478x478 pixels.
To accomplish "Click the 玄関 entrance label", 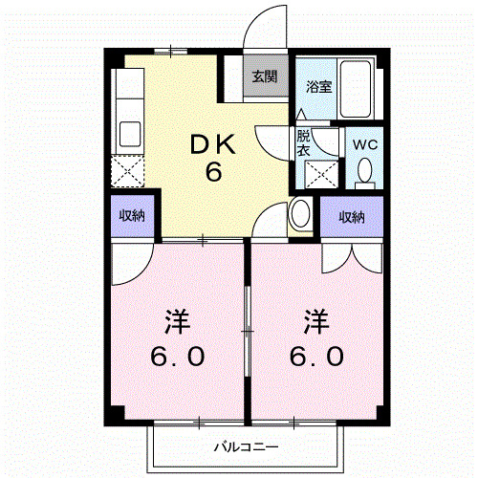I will (x=265, y=76).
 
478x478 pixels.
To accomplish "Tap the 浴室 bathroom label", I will (x=317, y=87).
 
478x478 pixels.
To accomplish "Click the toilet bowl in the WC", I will (x=364, y=171).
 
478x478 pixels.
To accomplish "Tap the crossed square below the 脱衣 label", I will (x=318, y=175).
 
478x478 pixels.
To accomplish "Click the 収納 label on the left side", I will (x=132, y=215).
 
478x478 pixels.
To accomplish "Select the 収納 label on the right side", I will (x=351, y=217).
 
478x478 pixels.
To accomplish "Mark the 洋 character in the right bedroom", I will (x=316, y=319).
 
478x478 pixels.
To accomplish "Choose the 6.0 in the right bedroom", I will (x=316, y=358).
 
